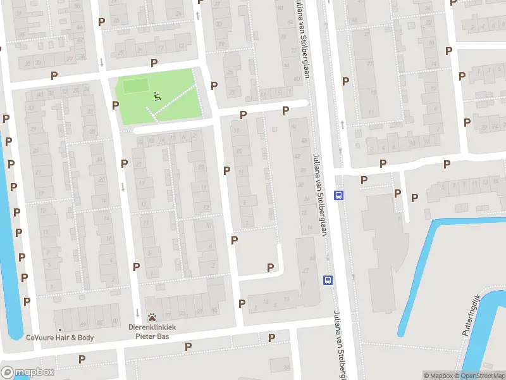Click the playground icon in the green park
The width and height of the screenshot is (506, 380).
pos(157,96)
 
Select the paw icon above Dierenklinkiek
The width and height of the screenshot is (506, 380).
pos(152,317)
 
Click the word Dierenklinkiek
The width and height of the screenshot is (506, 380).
pos(152,327)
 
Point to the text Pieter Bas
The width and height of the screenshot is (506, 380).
pos(152,336)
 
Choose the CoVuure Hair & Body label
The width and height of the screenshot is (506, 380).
pos(59,338)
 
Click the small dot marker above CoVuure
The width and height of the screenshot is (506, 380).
pos(59,329)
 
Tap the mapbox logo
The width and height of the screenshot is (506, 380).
pos(28,372)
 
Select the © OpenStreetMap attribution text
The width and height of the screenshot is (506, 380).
pos(479,376)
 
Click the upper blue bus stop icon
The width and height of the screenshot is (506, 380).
pos(339,196)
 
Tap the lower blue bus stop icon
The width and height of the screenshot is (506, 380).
pos(328,279)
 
